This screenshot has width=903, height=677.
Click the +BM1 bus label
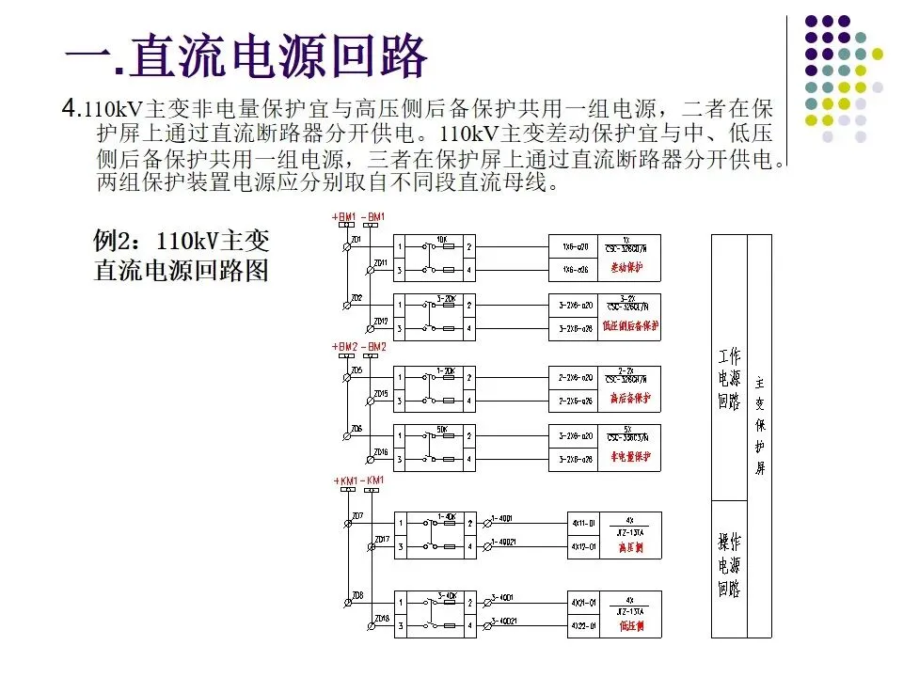(344, 218)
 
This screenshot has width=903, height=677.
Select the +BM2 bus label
(344, 348)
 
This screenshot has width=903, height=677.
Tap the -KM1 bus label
(374, 480)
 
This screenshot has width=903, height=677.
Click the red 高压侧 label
(631, 545)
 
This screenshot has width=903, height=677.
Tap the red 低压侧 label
(631, 624)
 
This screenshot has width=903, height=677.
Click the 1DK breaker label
(441, 239)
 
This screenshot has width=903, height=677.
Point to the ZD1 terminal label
(356, 241)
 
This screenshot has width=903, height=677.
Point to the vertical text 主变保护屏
(760, 423)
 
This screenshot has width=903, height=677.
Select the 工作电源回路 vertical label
(729, 380)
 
